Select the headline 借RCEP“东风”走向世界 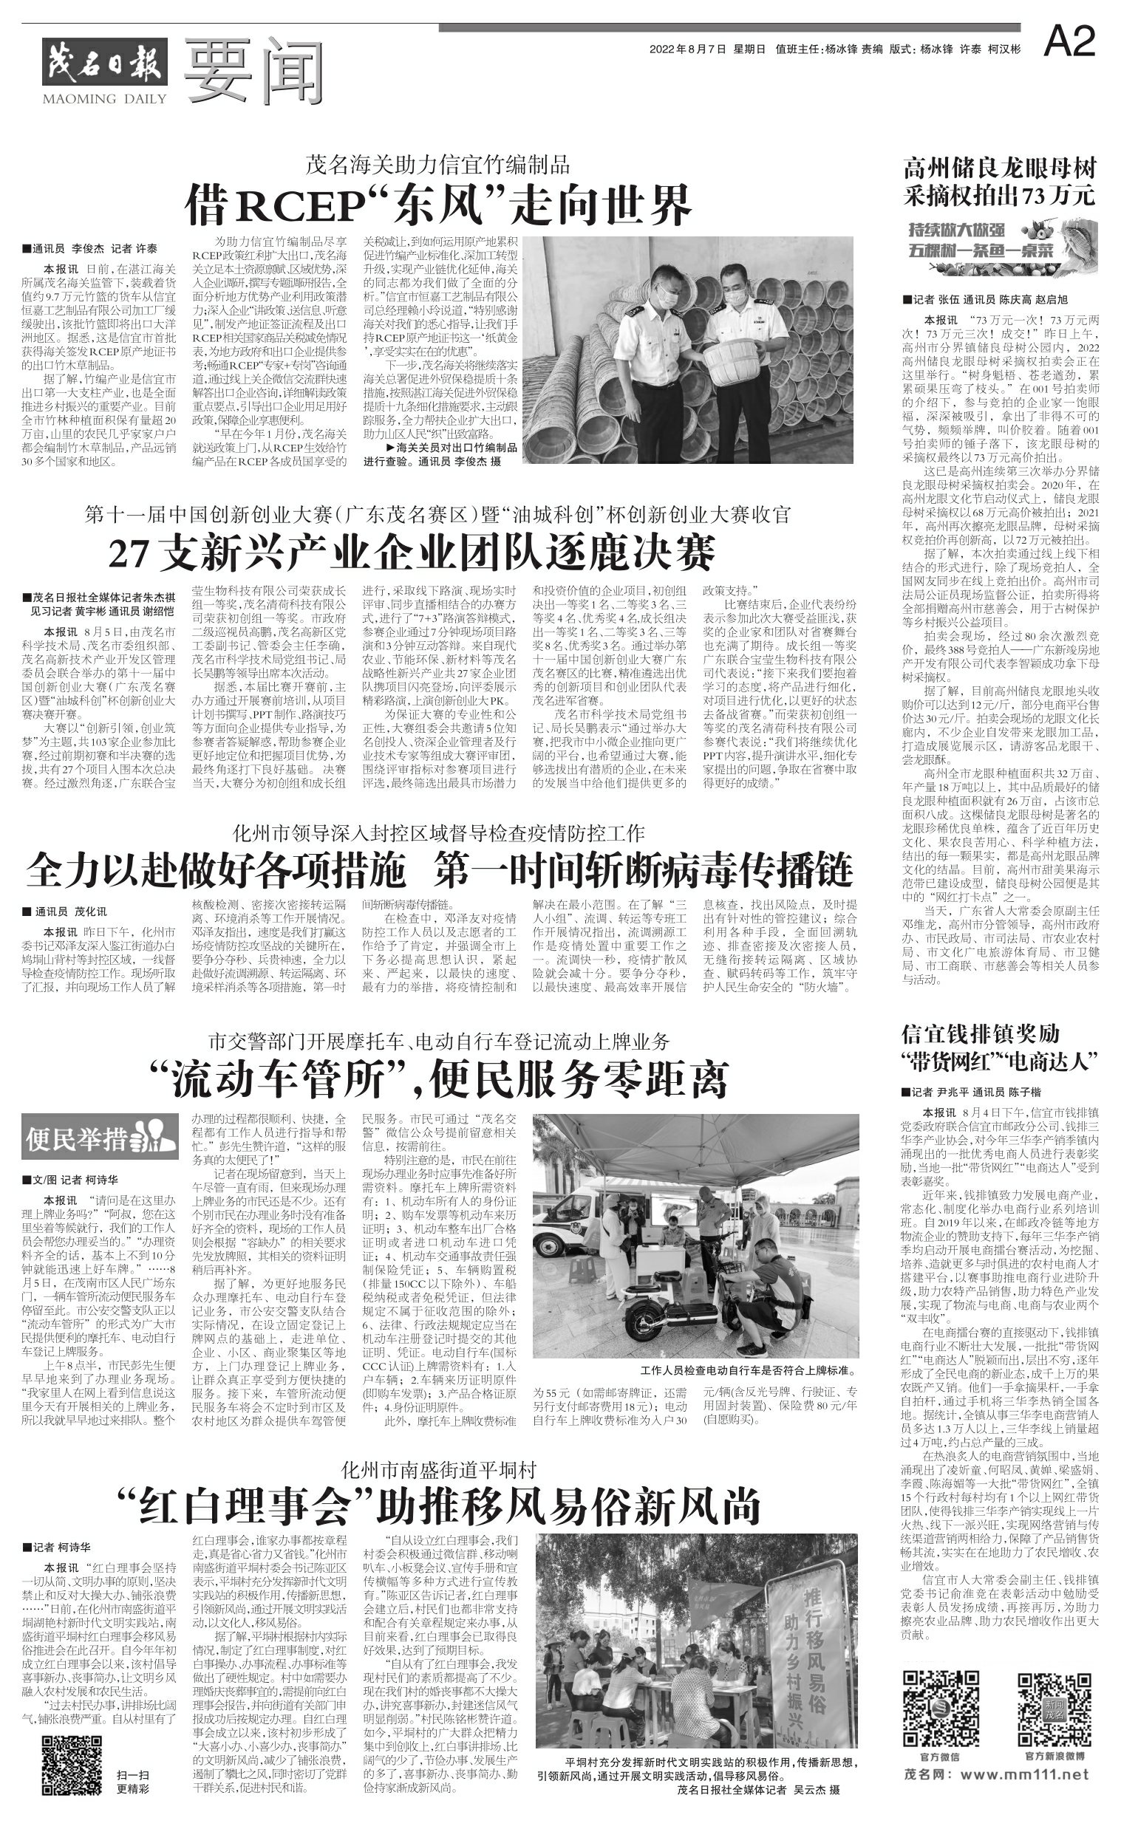[x=439, y=203]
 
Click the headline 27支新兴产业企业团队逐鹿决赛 [x=412, y=553]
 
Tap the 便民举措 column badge [x=100, y=1137]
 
